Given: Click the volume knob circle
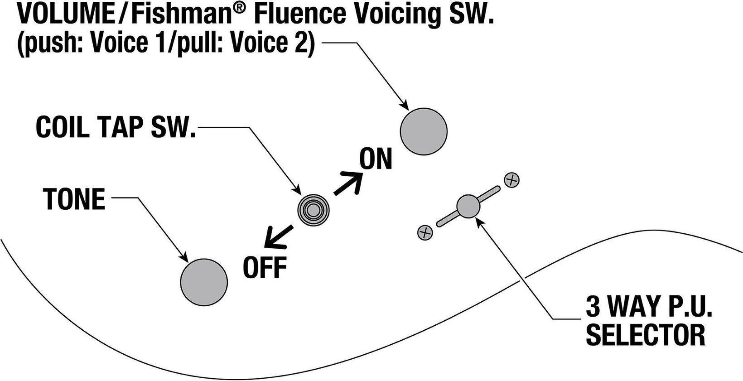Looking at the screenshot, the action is click(x=424, y=131).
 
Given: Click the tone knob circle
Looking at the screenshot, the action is click(x=204, y=282).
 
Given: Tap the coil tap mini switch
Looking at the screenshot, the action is click(x=313, y=210).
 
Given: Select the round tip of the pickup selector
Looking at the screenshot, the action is click(x=468, y=206).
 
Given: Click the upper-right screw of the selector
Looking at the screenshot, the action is click(x=511, y=180).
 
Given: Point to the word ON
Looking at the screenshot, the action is click(x=376, y=159).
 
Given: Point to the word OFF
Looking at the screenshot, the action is click(x=265, y=267).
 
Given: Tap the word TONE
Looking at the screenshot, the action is click(x=74, y=199).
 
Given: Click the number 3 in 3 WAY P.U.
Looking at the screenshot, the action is click(x=593, y=307).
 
